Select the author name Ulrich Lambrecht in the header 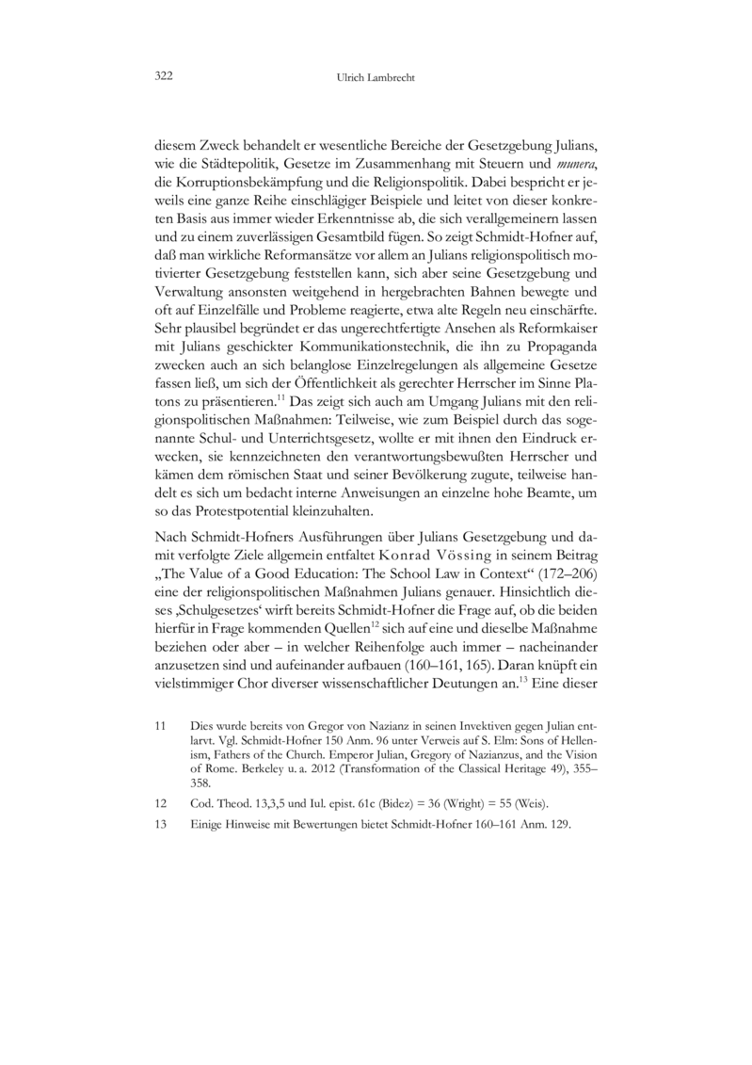(376, 76)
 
